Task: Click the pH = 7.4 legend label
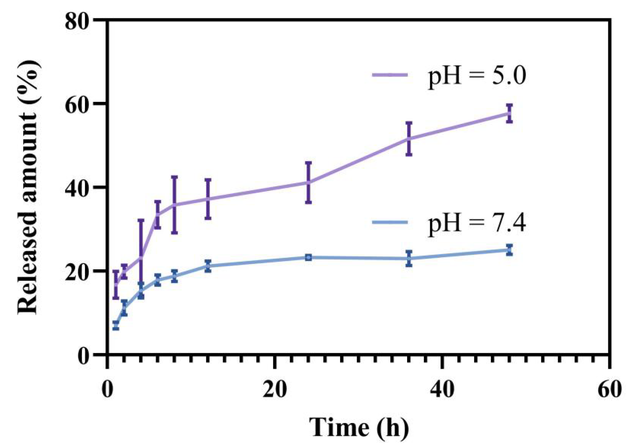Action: [477, 223]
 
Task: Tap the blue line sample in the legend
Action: [390, 222]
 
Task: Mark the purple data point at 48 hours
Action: [509, 113]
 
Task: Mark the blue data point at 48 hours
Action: [509, 250]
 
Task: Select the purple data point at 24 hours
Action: [308, 182]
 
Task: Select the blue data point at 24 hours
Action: [308, 257]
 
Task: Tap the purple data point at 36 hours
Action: [409, 138]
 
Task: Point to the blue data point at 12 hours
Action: [208, 266]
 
